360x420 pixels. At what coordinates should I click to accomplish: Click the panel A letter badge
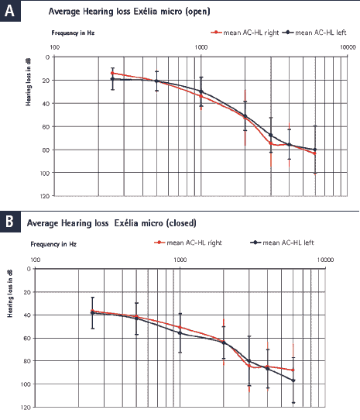click(10, 11)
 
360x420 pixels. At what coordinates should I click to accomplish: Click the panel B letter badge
click(10, 222)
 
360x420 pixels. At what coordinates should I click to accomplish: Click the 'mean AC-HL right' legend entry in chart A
click(245, 33)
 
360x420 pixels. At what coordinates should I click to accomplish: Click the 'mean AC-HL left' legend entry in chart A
click(315, 33)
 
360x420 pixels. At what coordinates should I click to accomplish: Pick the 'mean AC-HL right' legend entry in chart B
click(188, 243)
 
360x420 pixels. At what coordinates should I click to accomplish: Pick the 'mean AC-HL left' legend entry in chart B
click(282, 243)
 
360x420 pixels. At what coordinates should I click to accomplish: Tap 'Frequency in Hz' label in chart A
click(73, 33)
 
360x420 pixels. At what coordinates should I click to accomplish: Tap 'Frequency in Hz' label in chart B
click(53, 244)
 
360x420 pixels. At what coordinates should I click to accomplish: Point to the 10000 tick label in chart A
click(348, 47)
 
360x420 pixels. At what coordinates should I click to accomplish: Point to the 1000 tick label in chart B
click(180, 260)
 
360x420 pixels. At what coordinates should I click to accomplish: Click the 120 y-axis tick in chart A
click(46, 196)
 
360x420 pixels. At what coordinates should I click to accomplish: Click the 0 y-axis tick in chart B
click(29, 269)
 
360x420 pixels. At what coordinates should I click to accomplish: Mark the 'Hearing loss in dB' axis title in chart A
click(28, 82)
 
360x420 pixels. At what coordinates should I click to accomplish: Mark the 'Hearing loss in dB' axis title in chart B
click(10, 294)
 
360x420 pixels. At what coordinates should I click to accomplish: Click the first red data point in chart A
click(112, 73)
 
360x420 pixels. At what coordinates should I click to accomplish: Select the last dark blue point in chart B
click(293, 380)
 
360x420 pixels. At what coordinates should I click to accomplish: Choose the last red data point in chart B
click(293, 370)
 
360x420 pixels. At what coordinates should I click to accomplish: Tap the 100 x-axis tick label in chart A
click(55, 47)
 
